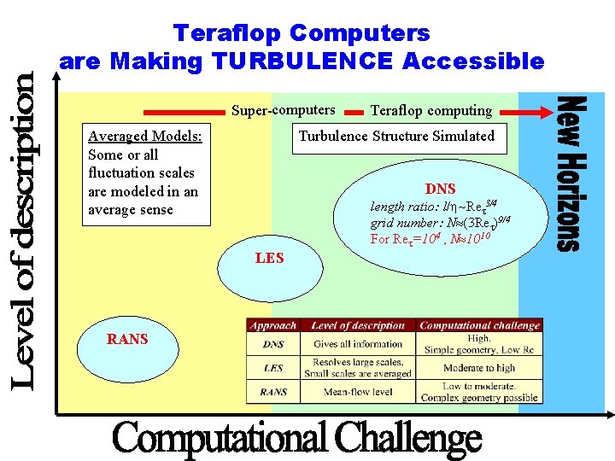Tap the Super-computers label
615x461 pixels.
point(283,110)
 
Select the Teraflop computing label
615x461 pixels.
point(430,110)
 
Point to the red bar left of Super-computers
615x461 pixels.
point(182,111)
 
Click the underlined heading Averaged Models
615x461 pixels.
point(144,136)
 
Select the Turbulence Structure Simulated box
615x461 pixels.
point(396,136)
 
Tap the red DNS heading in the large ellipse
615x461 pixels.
point(440,189)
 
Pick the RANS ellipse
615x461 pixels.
point(127,340)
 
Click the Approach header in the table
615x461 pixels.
point(272,325)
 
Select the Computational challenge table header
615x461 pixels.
point(479,325)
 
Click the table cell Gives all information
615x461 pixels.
point(358,344)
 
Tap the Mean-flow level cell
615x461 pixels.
point(358,393)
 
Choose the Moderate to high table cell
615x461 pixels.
point(479,368)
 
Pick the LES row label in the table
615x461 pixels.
point(272,368)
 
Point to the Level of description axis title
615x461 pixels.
point(24,230)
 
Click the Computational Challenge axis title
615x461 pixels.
point(297,439)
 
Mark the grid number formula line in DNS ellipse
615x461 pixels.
point(440,223)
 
